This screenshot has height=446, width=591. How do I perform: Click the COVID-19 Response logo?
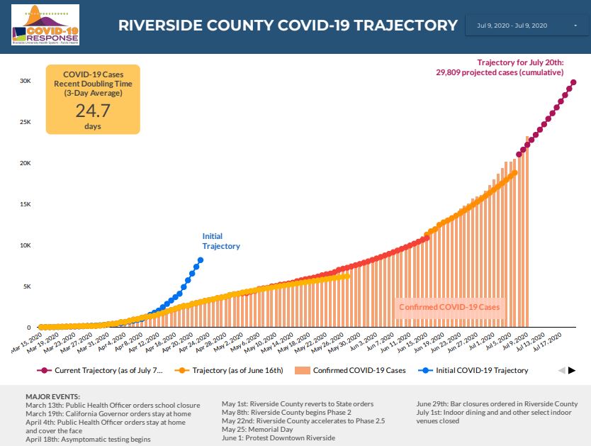(45, 26)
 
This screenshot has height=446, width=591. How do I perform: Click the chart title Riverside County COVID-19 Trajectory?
(288, 26)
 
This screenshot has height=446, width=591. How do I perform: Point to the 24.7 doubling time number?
(93, 110)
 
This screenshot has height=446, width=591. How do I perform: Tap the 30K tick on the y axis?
(25, 81)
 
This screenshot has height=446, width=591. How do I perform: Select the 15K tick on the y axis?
(25, 204)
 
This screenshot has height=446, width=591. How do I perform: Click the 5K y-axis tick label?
(26, 286)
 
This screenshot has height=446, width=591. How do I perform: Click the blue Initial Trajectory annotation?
(221, 241)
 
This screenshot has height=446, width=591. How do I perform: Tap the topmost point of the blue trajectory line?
(201, 260)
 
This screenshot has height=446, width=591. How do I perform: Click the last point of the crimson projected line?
(573, 82)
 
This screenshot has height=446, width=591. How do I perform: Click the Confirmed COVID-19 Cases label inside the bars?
(449, 307)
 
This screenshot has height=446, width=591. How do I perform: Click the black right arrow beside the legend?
(572, 370)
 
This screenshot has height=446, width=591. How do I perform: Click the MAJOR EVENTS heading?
(52, 396)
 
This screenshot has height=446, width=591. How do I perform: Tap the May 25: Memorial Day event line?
(257, 429)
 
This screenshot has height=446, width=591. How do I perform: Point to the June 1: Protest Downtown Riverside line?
(278, 437)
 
